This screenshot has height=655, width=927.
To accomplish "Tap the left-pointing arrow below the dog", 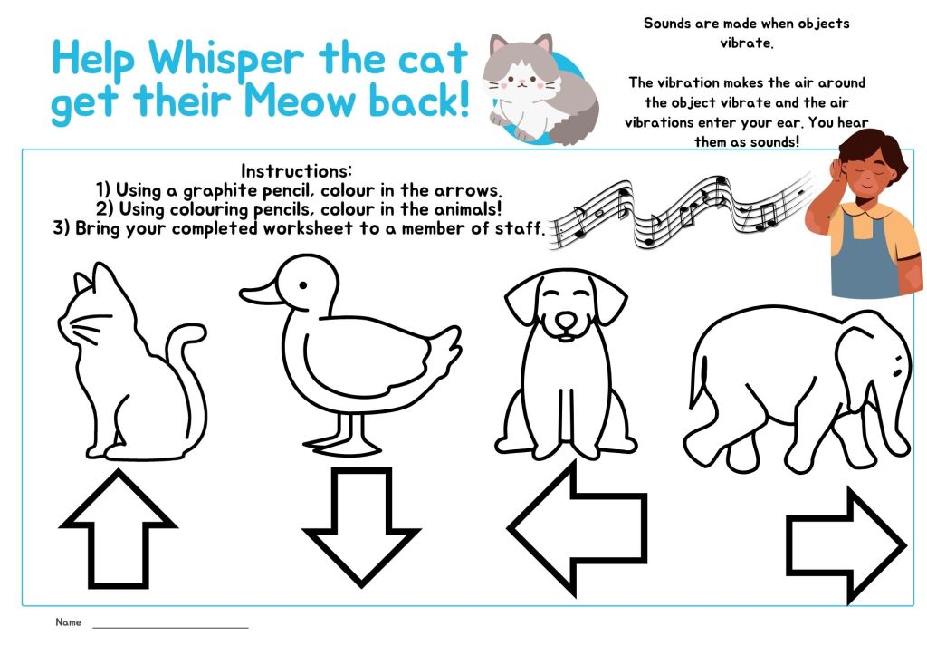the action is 577,528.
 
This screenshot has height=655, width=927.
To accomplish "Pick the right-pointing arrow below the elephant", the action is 846,545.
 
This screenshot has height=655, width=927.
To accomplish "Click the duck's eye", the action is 303,285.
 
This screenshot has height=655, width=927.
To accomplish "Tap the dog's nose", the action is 566,320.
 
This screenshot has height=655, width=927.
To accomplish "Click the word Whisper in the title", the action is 225,59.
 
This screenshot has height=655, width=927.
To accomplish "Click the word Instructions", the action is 296,171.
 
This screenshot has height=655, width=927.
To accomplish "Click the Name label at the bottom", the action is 68,621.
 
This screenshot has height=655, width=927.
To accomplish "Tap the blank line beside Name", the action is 170,627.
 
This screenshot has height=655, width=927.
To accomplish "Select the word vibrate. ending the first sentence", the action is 746,43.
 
